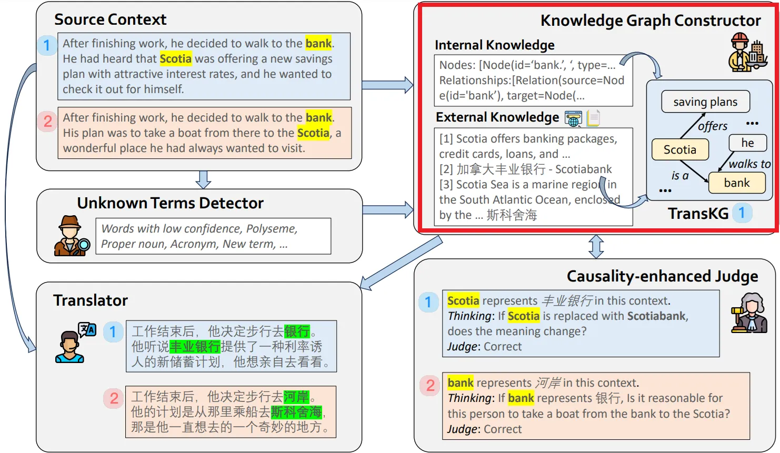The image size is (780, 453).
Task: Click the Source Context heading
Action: coord(110,20)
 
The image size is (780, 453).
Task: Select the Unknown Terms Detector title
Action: coord(170,203)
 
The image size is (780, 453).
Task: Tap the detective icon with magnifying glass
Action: coord(71,236)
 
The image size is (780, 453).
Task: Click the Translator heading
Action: coord(91,300)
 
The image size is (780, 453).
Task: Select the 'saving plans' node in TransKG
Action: coord(705,102)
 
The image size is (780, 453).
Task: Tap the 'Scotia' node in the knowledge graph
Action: coord(679,150)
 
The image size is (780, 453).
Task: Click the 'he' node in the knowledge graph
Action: coord(747,143)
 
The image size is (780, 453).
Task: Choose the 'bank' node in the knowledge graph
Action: coord(736,183)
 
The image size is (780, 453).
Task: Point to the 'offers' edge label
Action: coord(713,126)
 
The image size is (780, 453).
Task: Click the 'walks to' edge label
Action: coord(749,164)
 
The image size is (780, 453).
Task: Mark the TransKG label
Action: coord(698,214)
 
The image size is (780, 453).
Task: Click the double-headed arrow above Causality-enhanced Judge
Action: coord(596,246)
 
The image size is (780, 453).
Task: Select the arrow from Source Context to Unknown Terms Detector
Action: coord(203,179)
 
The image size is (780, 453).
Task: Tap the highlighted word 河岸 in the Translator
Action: coord(296,397)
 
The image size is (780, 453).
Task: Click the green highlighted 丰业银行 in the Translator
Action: coord(195,347)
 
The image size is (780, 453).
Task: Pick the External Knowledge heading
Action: coord(497,117)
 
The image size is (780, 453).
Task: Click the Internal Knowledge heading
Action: coord(494,45)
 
